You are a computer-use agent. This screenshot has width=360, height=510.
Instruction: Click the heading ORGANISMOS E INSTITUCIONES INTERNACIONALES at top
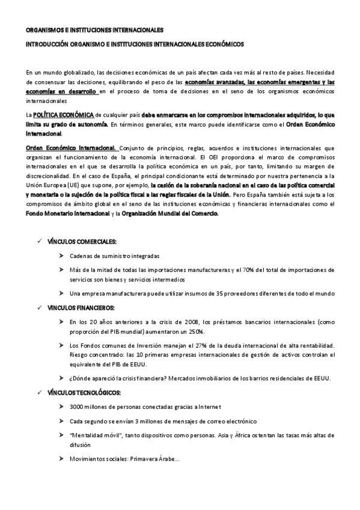point(94,29)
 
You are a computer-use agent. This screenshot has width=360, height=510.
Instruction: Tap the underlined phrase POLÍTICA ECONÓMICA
point(63,114)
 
